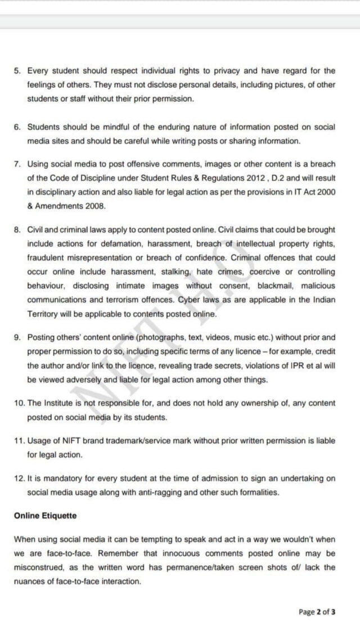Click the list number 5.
pos(17,71)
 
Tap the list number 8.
pos(17,230)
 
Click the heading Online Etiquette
pos(46,515)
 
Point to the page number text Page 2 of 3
pos(317,612)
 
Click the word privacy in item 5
pos(226,71)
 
